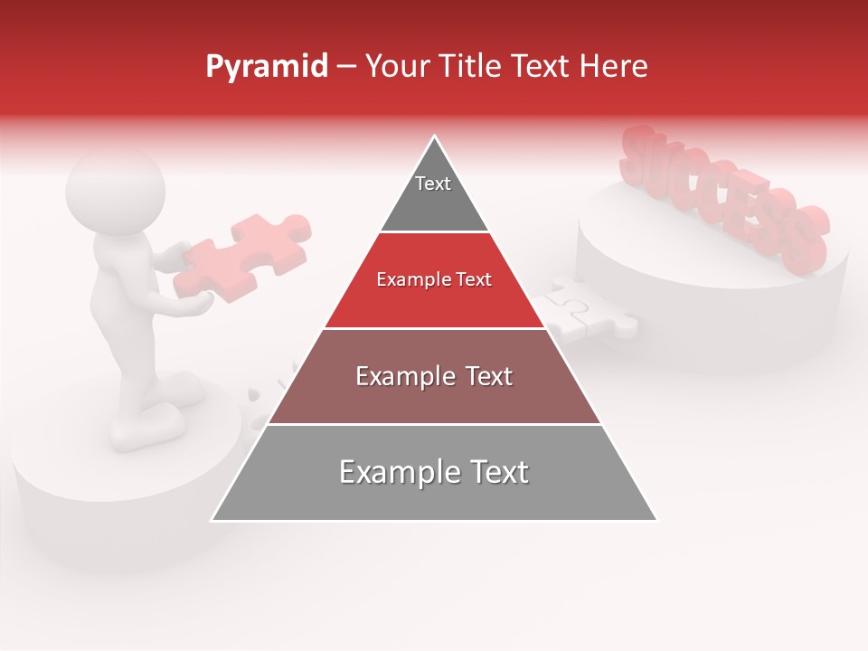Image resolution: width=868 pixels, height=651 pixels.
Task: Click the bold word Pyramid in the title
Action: point(266,67)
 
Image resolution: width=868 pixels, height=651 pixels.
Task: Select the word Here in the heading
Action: point(613,66)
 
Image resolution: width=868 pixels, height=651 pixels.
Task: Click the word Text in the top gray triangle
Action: point(433,184)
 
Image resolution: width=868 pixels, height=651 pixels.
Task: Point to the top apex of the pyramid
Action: point(435,137)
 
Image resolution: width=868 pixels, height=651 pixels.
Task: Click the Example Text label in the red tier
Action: point(434,279)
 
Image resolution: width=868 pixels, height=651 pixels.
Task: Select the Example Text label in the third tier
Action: point(434,376)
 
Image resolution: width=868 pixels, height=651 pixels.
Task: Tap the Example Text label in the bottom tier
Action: point(434,472)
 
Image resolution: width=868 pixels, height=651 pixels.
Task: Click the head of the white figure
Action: point(116,193)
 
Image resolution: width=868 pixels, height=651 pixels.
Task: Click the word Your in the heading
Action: point(397,66)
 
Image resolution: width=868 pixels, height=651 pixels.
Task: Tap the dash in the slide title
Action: point(346,67)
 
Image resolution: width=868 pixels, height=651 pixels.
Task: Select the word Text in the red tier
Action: point(473,279)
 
